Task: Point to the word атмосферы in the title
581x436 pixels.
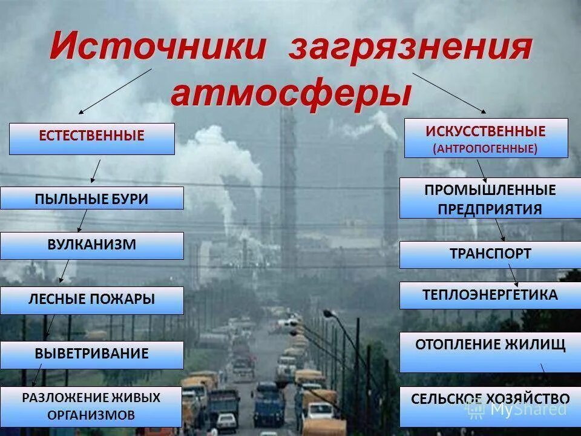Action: click(291, 93)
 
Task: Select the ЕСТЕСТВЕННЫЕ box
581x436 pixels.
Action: click(92, 139)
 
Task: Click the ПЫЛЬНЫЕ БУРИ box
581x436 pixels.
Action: click(92, 198)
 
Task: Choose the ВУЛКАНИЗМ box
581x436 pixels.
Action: click(92, 245)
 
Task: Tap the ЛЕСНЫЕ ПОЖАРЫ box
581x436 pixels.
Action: click(92, 300)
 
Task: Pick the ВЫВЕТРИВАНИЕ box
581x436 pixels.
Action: click(92, 354)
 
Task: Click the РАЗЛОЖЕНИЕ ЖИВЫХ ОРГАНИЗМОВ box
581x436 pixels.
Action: click(91, 406)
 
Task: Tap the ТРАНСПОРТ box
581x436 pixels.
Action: click(490, 254)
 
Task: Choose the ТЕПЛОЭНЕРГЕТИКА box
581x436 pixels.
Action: click(490, 295)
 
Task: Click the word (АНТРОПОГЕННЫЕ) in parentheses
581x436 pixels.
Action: click(485, 148)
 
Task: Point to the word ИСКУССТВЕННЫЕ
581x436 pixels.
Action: click(485, 131)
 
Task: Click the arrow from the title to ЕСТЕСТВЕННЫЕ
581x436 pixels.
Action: click(115, 91)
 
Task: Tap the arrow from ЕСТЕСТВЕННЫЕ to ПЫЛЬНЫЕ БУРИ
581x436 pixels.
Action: click(96, 171)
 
